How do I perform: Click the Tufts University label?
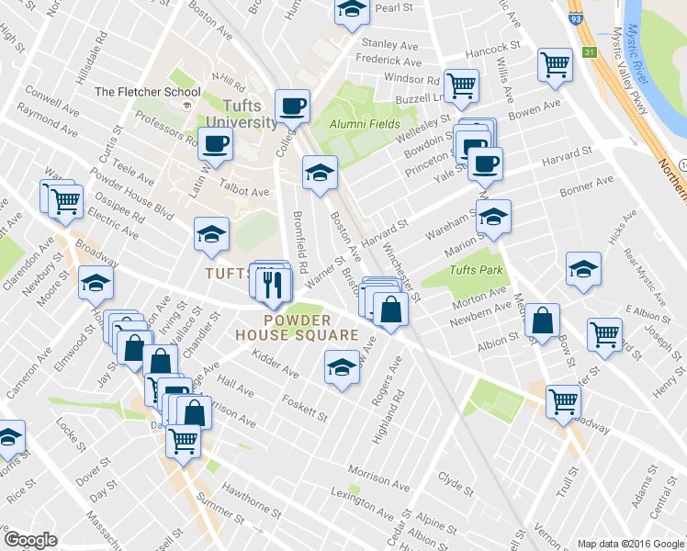(242, 112)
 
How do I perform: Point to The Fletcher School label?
(148, 92)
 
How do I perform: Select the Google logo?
(30, 540)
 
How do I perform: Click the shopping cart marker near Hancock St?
(555, 64)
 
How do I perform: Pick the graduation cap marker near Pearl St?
(350, 10)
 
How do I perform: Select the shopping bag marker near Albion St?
(542, 320)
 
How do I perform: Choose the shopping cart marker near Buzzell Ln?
(461, 85)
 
